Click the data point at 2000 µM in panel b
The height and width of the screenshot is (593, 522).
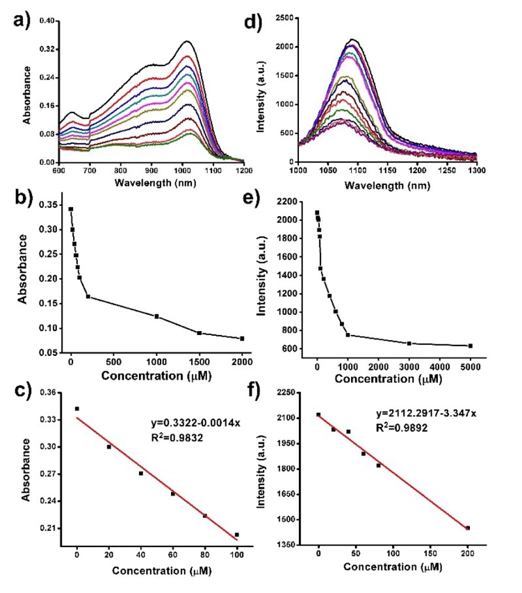242,339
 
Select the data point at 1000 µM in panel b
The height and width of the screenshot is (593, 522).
156,316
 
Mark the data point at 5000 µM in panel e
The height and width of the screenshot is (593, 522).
471,346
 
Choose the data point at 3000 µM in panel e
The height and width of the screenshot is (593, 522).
409,343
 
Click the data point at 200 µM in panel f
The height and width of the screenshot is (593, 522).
468,528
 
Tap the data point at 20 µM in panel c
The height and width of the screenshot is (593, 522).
109,446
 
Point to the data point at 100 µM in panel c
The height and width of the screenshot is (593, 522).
237,535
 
